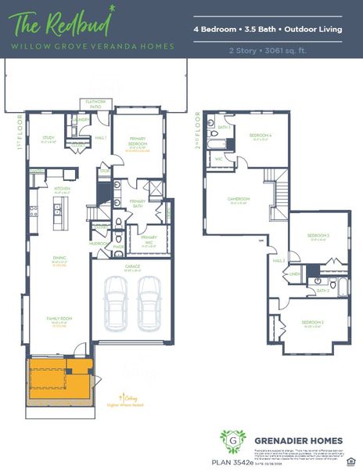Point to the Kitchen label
tap(63, 190)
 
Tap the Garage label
tap(132, 267)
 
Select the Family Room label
tap(59, 320)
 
